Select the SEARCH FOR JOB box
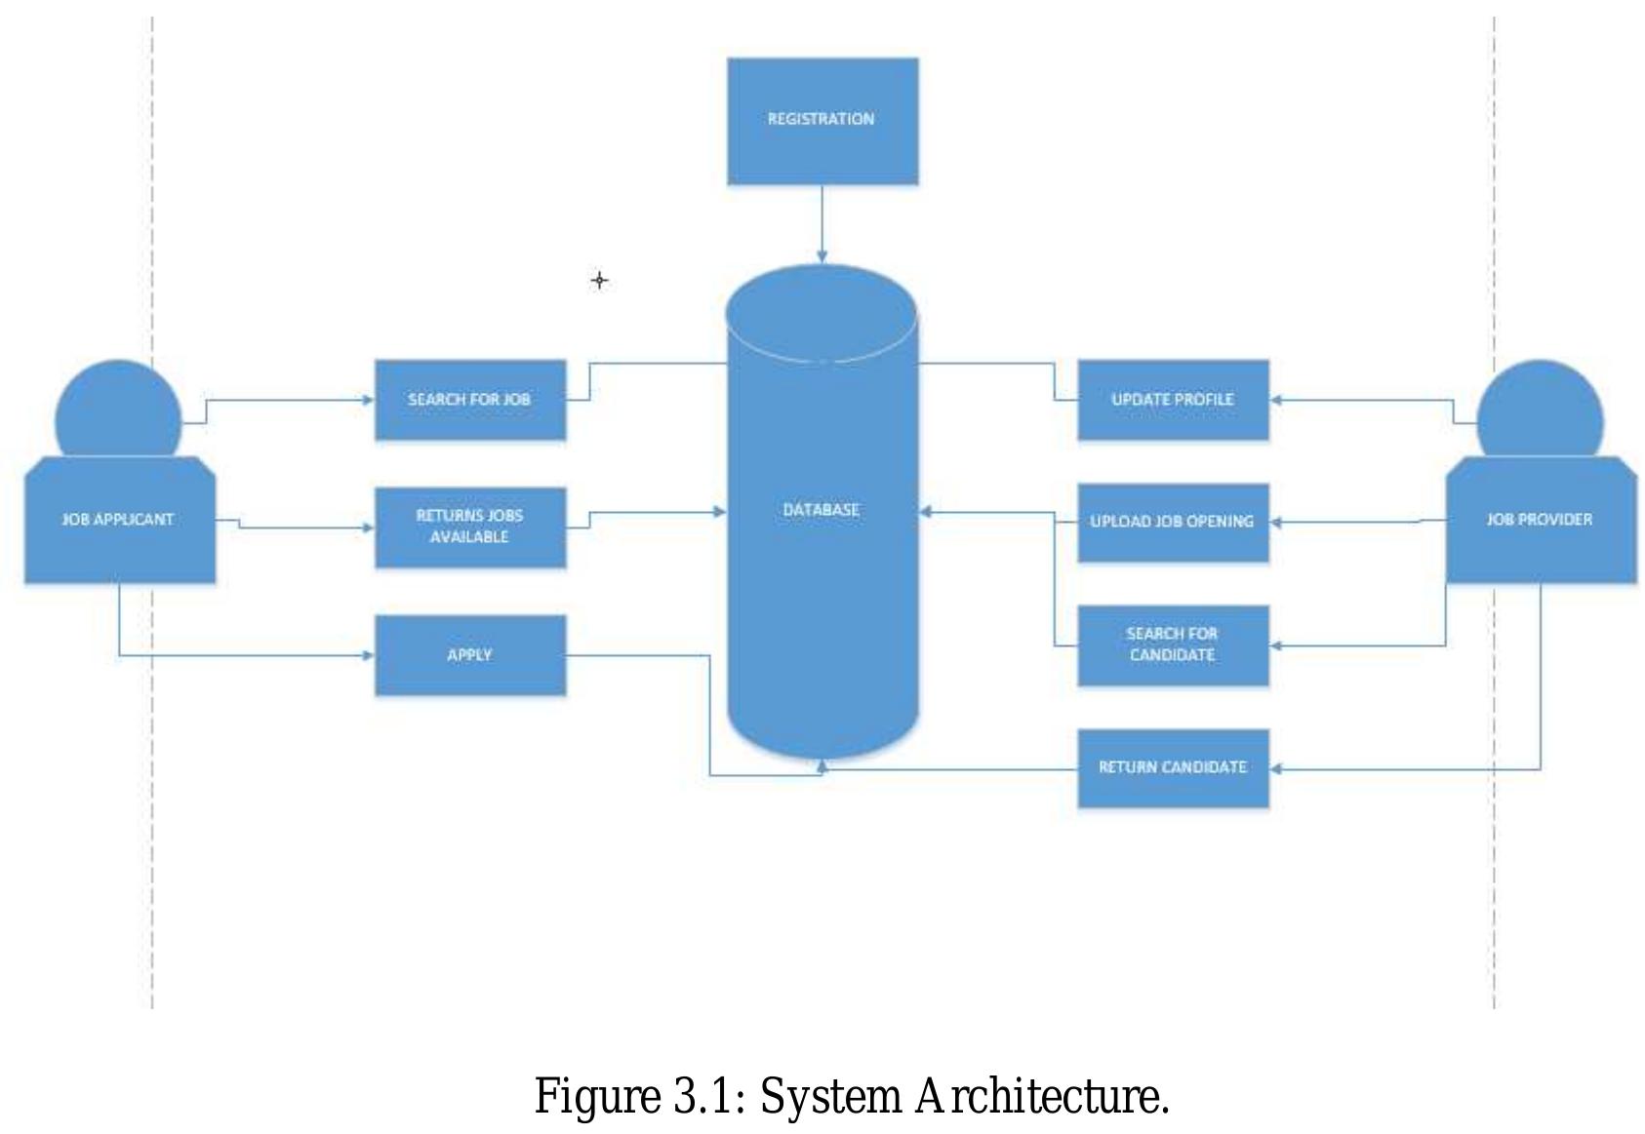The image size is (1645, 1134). point(469,400)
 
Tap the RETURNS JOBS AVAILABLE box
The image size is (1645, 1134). point(469,527)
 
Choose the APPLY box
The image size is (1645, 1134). point(469,655)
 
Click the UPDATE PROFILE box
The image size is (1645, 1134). point(1172,400)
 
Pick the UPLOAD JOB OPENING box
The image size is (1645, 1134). point(1172,522)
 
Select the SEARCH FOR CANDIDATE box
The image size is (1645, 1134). point(1172,645)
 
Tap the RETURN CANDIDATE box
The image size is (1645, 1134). point(1172,767)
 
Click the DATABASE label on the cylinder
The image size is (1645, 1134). point(821,510)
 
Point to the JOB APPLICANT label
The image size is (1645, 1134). point(118,520)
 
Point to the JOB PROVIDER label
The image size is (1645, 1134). point(1539,520)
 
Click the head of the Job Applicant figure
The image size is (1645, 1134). point(118,414)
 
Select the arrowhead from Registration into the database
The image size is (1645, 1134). point(822,257)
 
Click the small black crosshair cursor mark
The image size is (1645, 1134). point(599,281)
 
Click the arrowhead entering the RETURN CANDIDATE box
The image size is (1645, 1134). point(1276,768)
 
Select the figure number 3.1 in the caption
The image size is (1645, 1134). point(702,1096)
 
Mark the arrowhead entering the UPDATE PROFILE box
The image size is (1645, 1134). point(1276,400)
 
